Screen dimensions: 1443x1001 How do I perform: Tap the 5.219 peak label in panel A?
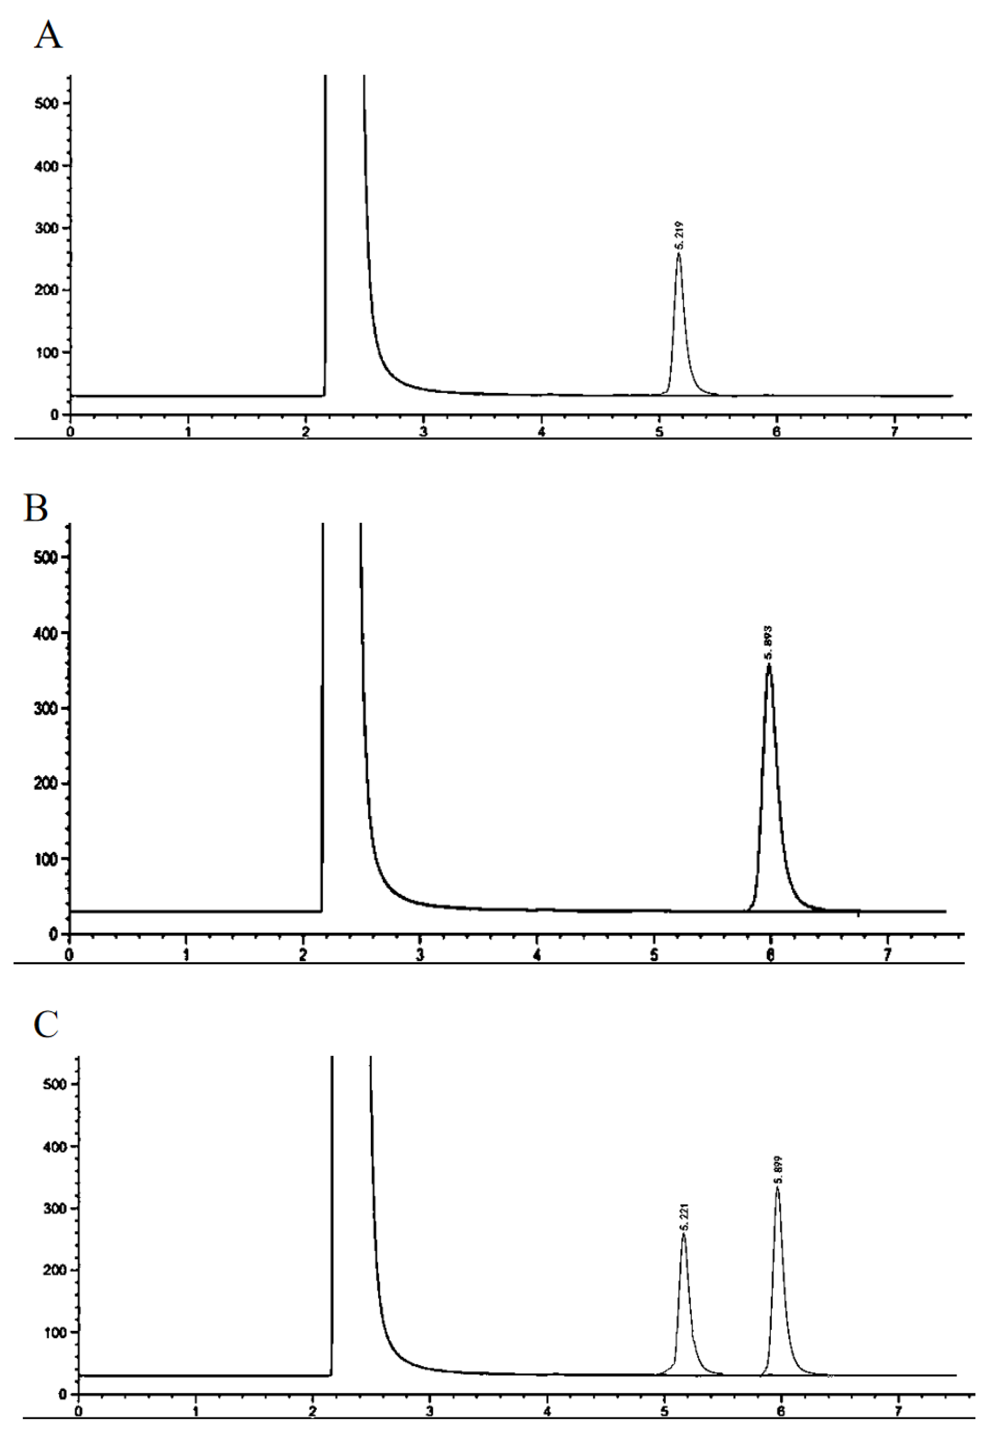pyautogui.click(x=680, y=235)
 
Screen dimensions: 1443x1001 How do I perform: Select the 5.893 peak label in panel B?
pyautogui.click(x=768, y=643)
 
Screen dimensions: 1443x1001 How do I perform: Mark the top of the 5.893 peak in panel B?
pyautogui.click(x=769, y=663)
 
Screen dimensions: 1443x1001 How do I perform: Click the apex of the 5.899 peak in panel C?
pyautogui.click(x=778, y=1187)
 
